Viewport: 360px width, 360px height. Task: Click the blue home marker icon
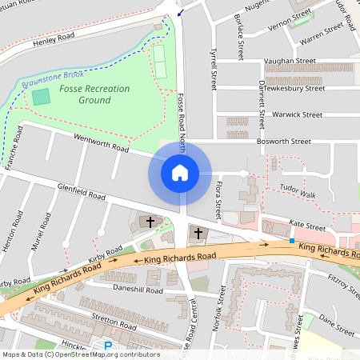(x=180, y=173)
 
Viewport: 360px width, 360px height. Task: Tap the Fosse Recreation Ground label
(x=95, y=94)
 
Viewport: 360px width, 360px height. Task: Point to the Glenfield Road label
(x=81, y=192)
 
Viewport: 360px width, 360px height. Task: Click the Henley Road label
(x=55, y=37)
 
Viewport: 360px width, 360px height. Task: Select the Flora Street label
(x=218, y=200)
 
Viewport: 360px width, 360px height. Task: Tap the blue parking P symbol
(x=108, y=346)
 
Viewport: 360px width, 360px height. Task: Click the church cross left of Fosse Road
(x=150, y=221)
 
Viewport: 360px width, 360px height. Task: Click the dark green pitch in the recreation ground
(x=41, y=98)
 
